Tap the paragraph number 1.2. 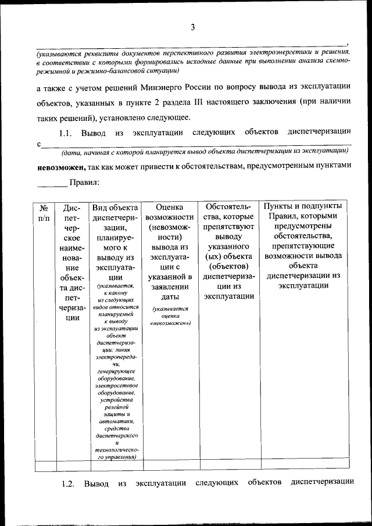(x=69, y=484)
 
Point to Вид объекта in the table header (x=115, y=207)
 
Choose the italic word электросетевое (x=115, y=385)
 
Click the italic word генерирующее (x=115, y=370)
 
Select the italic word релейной (x=115, y=407)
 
